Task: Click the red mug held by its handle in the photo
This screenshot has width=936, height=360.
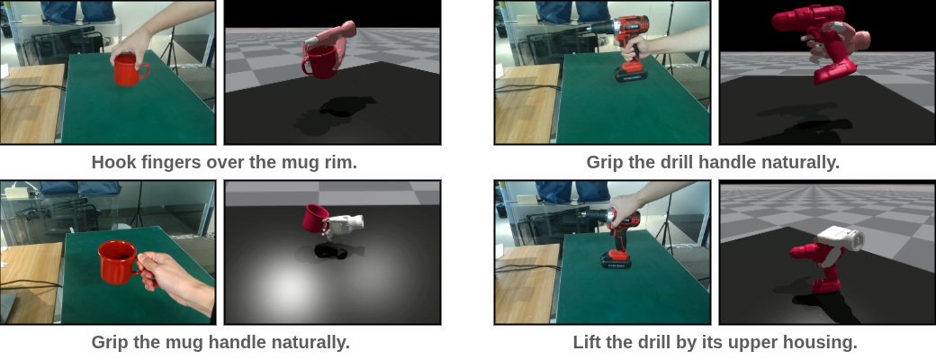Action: point(121,262)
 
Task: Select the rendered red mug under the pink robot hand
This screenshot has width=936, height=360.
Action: point(320,62)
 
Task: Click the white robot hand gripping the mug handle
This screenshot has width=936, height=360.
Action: point(343,225)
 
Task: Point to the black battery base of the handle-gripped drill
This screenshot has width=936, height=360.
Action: point(631,74)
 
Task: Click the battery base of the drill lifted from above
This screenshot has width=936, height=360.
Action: point(616,260)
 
